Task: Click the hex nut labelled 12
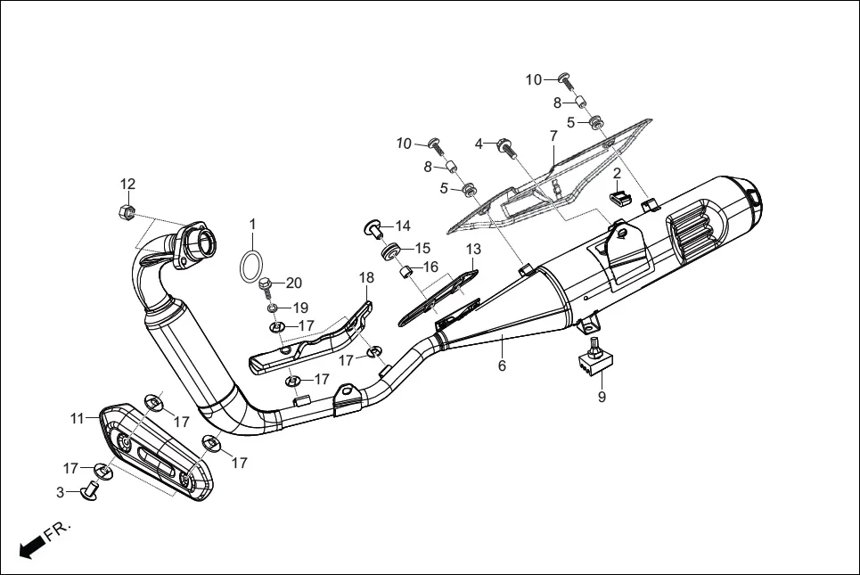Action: (127, 212)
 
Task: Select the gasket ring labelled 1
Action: (252, 265)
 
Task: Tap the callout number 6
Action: (502, 366)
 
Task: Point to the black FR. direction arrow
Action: (33, 543)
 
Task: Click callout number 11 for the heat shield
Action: (78, 418)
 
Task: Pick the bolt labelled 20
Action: (266, 286)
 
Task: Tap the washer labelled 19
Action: (269, 308)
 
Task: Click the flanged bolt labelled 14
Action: (374, 228)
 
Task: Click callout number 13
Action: (472, 249)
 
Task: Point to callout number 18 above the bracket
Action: (366, 278)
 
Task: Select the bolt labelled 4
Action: (505, 145)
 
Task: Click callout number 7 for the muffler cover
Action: (553, 136)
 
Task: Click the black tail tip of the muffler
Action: (754, 195)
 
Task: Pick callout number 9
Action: (602, 397)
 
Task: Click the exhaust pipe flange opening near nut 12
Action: (202, 239)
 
